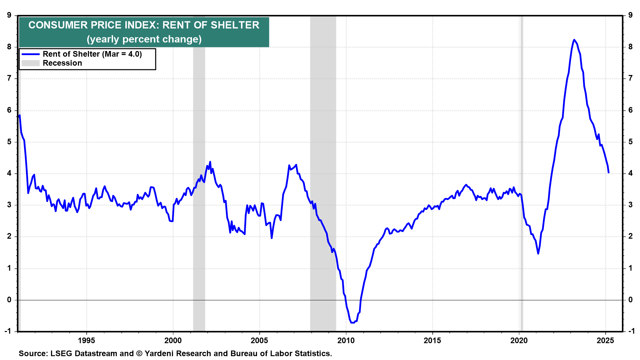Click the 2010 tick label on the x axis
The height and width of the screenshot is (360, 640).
pyautogui.click(x=346, y=340)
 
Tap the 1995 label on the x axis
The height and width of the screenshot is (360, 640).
pyautogui.click(x=86, y=340)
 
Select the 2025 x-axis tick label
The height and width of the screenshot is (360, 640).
pyautogui.click(x=605, y=340)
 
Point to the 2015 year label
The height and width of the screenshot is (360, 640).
pyautogui.click(x=432, y=340)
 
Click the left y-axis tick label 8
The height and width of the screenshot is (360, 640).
pyautogui.click(x=9, y=47)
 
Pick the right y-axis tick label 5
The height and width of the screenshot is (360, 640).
pyautogui.click(x=630, y=142)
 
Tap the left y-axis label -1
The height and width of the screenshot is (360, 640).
pyautogui.click(x=8, y=331)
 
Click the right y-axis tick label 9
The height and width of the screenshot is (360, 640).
pyautogui.click(x=630, y=15)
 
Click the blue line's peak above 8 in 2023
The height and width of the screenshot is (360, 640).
pyautogui.click(x=574, y=40)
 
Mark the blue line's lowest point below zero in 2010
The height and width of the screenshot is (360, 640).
pyautogui.click(x=352, y=323)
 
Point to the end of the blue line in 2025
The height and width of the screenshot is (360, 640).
pyautogui.click(x=609, y=173)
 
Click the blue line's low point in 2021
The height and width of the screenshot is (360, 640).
pyautogui.click(x=538, y=254)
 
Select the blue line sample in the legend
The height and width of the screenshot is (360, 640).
pyautogui.click(x=31, y=54)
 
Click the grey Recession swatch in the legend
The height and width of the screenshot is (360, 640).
pyautogui.click(x=31, y=63)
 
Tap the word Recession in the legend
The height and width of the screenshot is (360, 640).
pyautogui.click(x=62, y=63)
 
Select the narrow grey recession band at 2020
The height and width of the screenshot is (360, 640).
pyautogui.click(x=522, y=167)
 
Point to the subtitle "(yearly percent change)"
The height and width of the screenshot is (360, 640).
pyautogui.click(x=144, y=39)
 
